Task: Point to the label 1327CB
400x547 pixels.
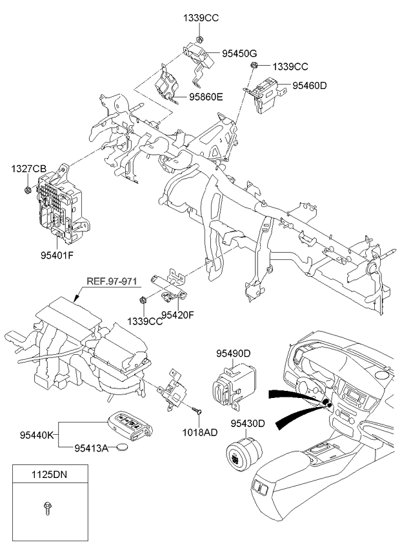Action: click(x=28, y=169)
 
